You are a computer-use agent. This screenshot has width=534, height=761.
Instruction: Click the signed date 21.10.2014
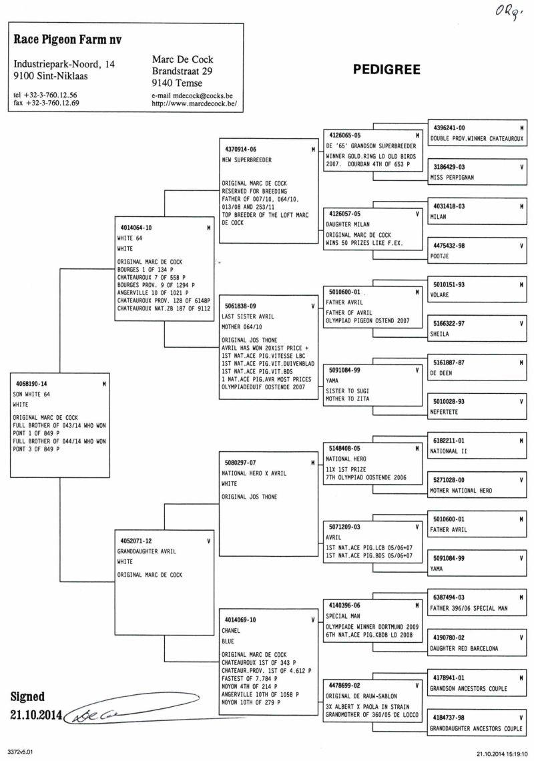[x=36, y=715]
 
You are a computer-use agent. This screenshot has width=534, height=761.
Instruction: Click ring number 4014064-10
[x=136, y=228]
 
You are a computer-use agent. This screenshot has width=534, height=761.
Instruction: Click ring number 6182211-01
[x=449, y=441]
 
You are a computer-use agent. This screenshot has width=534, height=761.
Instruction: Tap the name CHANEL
[x=232, y=630]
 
